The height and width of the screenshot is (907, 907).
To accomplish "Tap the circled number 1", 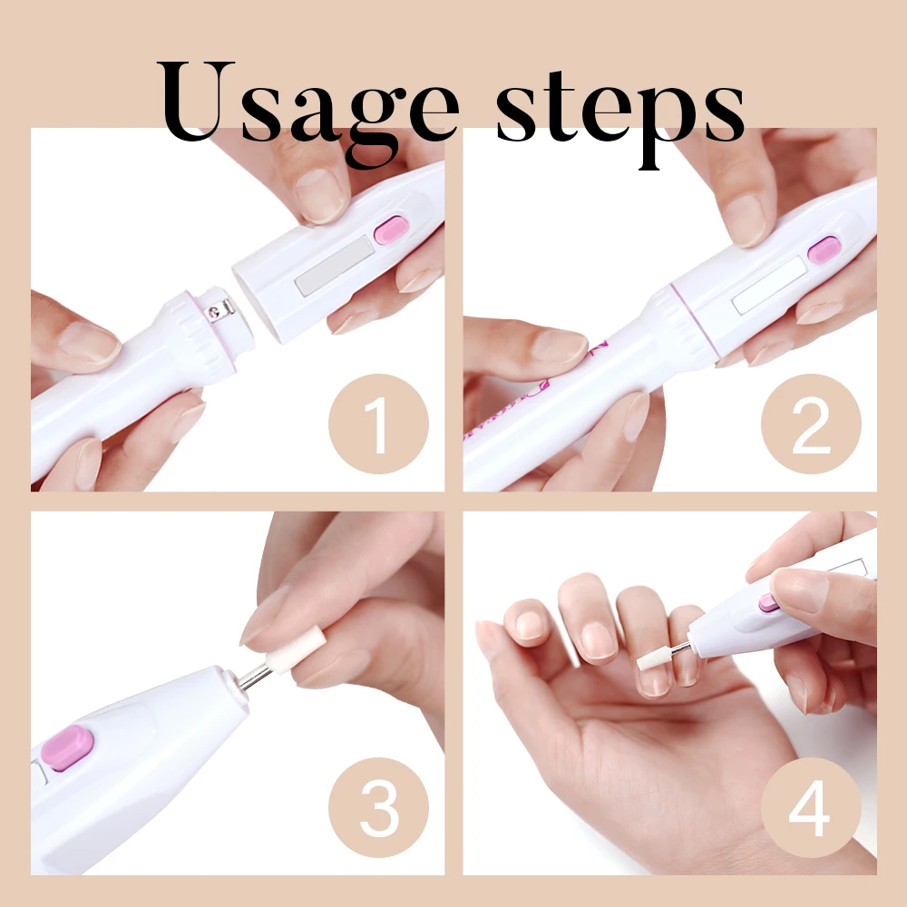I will [x=376, y=423].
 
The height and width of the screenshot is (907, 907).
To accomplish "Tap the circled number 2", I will [x=809, y=423].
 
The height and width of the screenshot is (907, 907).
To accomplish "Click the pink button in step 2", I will [x=824, y=249].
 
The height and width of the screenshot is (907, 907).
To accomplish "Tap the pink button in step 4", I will [x=770, y=602].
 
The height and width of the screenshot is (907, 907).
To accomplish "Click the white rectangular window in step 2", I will [x=769, y=285].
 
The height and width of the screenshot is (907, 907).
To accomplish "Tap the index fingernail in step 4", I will [x=598, y=640].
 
